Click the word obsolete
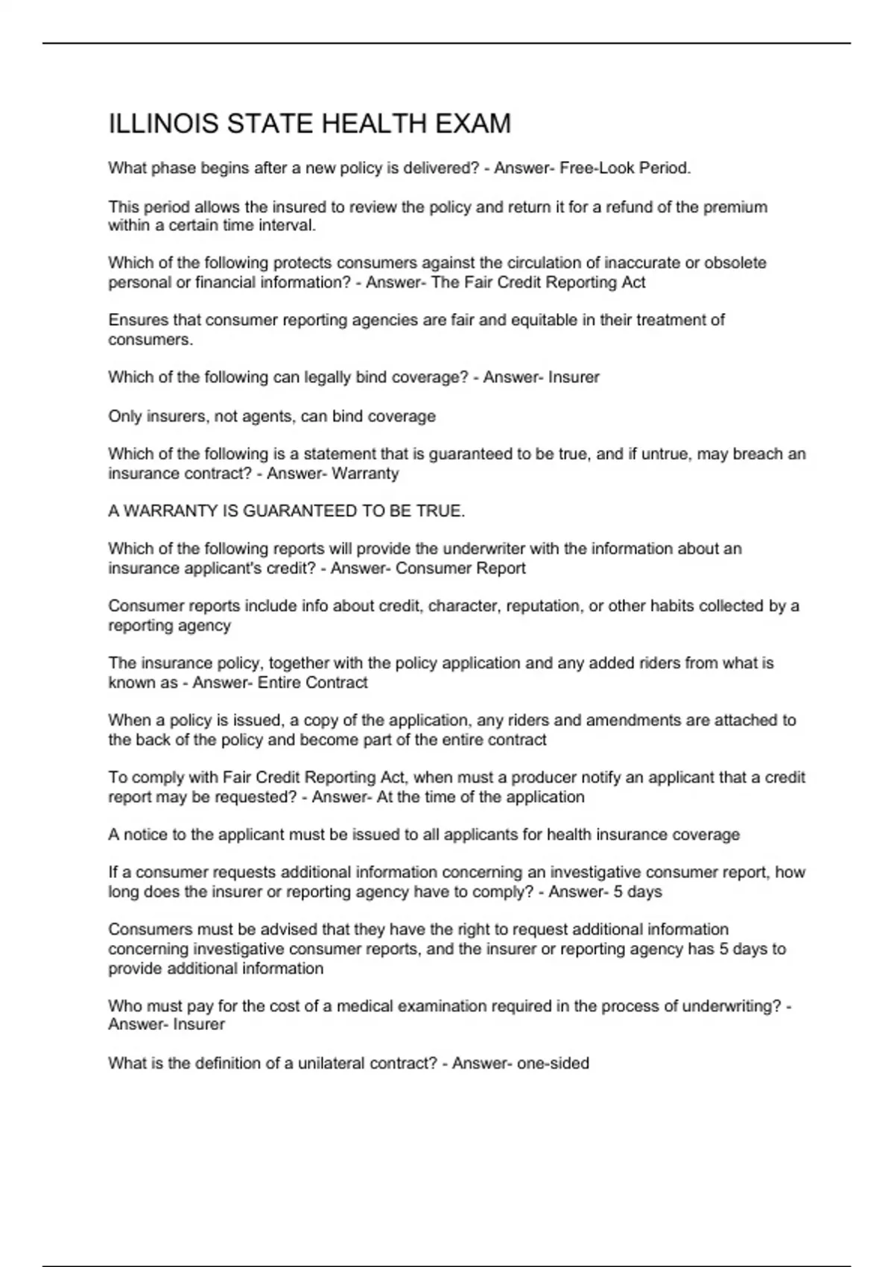(735, 263)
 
